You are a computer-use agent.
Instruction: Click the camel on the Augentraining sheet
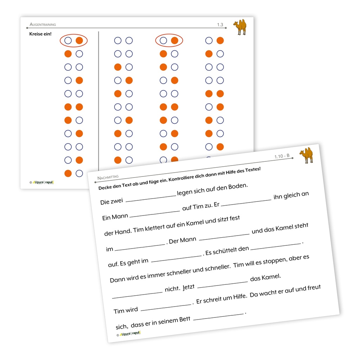[240, 27]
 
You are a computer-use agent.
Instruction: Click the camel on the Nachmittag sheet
[306, 155]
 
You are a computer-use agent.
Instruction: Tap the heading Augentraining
[43, 25]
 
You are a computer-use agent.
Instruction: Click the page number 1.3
[220, 25]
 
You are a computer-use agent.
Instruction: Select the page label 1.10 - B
[282, 156]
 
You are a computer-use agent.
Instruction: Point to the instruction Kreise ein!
[41, 34]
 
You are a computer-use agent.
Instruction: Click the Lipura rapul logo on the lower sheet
[130, 333]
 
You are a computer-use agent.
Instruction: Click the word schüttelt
[224, 250]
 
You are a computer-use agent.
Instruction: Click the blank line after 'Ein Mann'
[154, 213]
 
